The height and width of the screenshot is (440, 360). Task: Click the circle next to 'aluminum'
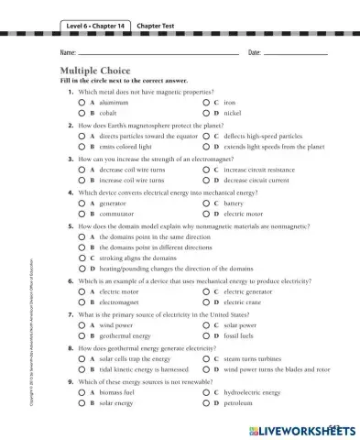pos(81,104)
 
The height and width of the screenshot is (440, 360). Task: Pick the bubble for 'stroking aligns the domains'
pos(81,258)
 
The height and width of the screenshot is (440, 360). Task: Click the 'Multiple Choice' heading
pos(95,71)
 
